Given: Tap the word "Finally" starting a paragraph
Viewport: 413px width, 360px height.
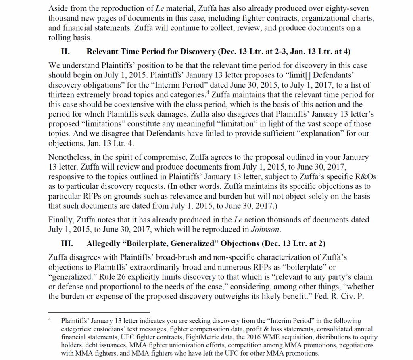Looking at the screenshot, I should (59, 220).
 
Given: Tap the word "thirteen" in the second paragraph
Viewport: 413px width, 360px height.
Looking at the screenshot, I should (61, 95).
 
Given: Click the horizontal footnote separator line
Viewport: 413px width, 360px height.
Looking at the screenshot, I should (99, 312).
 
